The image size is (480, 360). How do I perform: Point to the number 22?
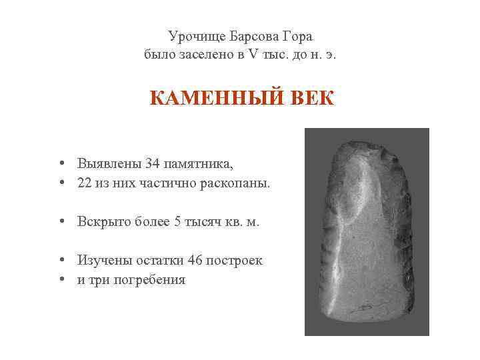(85, 183)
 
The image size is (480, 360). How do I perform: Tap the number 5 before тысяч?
(177, 222)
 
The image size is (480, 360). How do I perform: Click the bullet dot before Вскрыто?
(61, 222)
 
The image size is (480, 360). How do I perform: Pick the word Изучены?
(103, 261)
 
